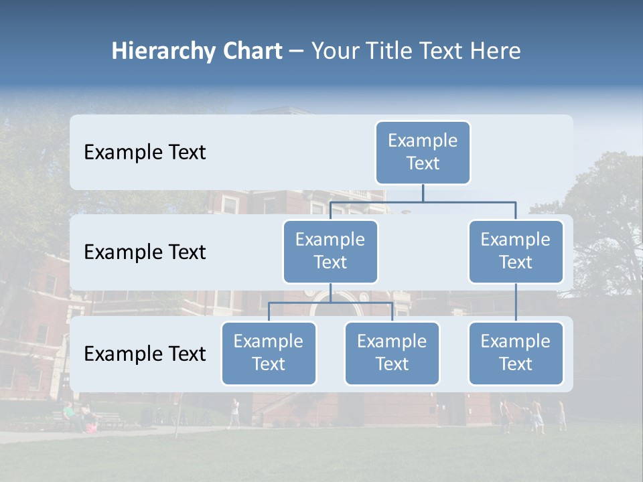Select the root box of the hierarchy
click(x=423, y=152)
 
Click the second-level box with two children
click(x=330, y=251)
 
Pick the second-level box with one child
click(x=516, y=251)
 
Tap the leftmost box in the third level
click(x=269, y=353)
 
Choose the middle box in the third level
click(x=392, y=353)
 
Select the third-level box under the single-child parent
click(x=516, y=353)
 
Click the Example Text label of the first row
click(x=145, y=153)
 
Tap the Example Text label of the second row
click(x=145, y=252)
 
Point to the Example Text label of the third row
click(x=145, y=354)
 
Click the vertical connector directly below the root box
click(x=423, y=193)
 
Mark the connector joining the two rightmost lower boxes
click(x=516, y=303)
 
